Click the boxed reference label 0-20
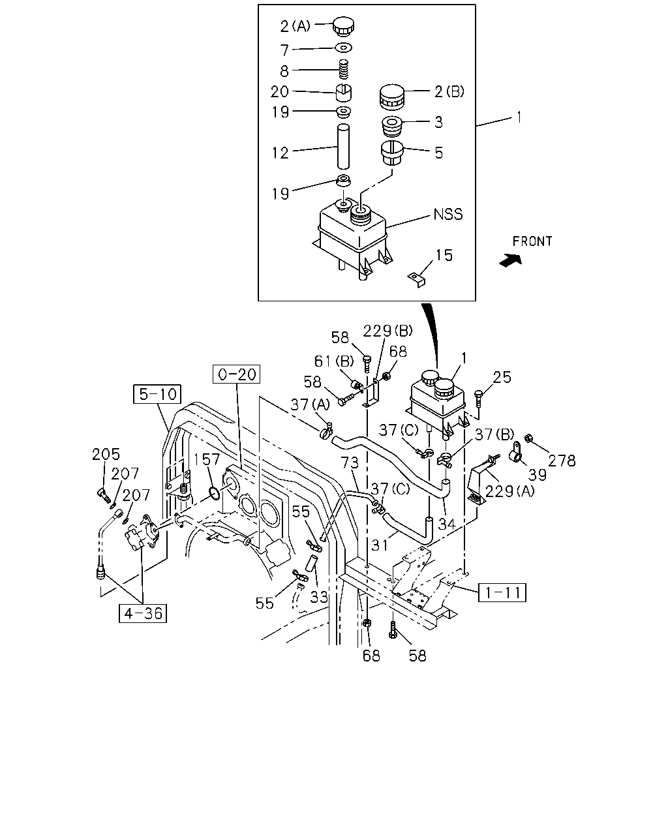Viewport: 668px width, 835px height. [x=236, y=374]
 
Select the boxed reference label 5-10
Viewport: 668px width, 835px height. [x=157, y=394]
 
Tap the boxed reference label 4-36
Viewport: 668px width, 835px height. [x=143, y=613]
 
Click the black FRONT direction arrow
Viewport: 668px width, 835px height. [x=510, y=260]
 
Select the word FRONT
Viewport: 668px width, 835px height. [x=532, y=241]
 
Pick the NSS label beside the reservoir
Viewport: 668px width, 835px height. [x=448, y=214]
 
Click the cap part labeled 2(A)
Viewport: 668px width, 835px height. [x=343, y=25]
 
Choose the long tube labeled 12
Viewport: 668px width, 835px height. [x=343, y=147]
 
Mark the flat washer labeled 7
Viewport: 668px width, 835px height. [x=344, y=48]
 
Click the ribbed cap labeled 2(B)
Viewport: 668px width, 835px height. [x=392, y=97]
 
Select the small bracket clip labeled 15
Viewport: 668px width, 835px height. [x=416, y=279]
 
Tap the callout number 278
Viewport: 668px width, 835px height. [x=562, y=461]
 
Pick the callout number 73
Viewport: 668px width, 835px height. [x=350, y=463]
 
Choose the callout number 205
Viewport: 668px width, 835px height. [x=106, y=454]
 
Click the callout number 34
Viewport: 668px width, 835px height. [x=446, y=524]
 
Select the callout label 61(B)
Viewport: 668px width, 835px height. [x=334, y=361]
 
